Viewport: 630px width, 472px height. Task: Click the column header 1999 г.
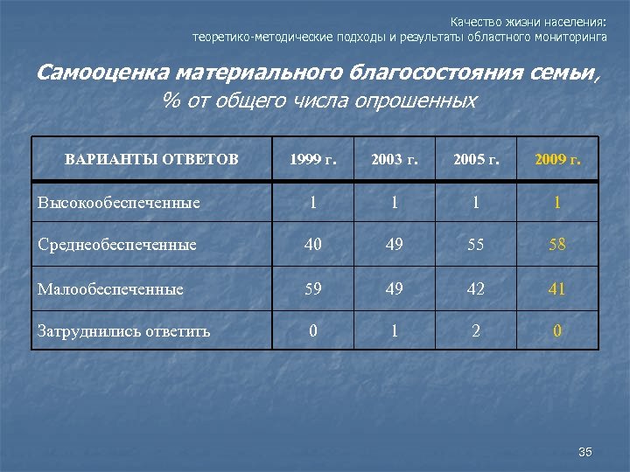point(311,159)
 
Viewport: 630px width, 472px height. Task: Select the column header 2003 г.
point(394,159)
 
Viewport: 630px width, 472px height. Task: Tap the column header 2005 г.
point(476,159)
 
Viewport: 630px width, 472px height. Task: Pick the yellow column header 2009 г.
point(557,159)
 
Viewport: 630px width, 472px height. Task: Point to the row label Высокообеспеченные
point(119,203)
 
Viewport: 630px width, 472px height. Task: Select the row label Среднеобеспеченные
point(117,245)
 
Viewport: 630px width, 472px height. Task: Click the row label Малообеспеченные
point(110,288)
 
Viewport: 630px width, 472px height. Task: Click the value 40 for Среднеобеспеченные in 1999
point(311,245)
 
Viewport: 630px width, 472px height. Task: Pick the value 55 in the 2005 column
point(476,245)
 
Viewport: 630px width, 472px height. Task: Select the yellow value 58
point(557,245)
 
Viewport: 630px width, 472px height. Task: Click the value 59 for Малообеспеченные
point(311,288)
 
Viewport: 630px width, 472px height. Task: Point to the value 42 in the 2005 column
point(476,288)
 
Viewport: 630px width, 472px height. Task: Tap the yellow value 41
point(557,288)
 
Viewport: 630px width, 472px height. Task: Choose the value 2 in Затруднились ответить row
point(476,330)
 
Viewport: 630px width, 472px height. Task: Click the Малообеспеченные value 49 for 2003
point(394,288)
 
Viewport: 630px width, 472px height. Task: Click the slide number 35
point(585,452)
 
